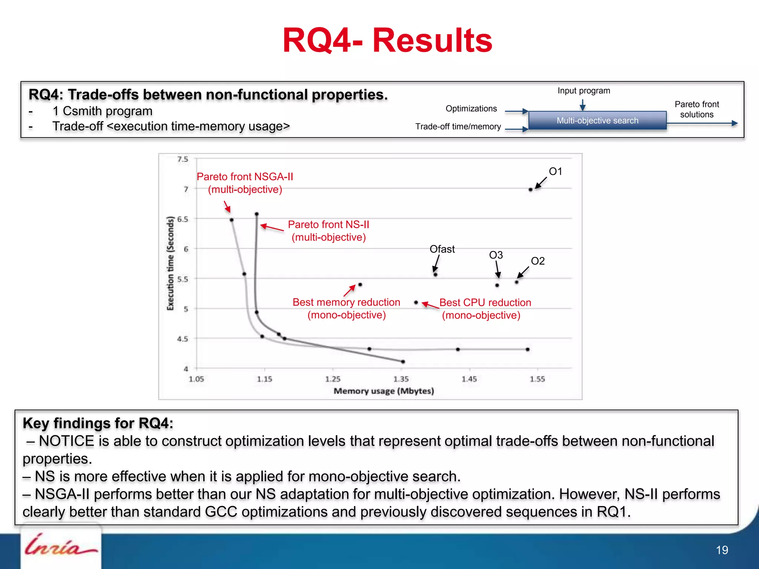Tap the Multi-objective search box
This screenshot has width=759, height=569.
pyautogui.click(x=597, y=120)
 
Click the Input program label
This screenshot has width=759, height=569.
pyautogui.click(x=584, y=91)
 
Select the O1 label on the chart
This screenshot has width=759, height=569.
pyautogui.click(x=555, y=172)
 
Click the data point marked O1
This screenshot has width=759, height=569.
pyautogui.click(x=530, y=190)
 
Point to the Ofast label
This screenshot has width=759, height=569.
pyautogui.click(x=442, y=249)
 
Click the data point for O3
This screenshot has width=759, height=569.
pyautogui.click(x=497, y=285)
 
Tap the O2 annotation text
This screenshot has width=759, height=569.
pyautogui.click(x=537, y=261)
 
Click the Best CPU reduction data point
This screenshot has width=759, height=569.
pyautogui.click(x=416, y=303)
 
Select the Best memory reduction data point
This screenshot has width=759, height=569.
pyautogui.click(x=360, y=285)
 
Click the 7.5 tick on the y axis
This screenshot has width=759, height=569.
pyautogui.click(x=183, y=159)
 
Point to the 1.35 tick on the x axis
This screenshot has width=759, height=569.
pyautogui.click(x=401, y=379)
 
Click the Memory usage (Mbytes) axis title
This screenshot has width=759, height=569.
pyautogui.click(x=384, y=391)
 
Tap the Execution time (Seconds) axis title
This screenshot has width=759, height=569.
pyautogui.click(x=170, y=263)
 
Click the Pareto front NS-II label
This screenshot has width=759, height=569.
pyautogui.click(x=328, y=230)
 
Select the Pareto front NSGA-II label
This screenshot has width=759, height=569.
pyautogui.click(x=245, y=183)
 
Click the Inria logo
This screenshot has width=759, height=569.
pyautogui.click(x=60, y=545)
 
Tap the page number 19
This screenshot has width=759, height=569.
pyautogui.click(x=722, y=550)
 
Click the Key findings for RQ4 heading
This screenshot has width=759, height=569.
pyautogui.click(x=98, y=423)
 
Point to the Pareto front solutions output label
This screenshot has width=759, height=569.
pyautogui.click(x=696, y=109)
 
